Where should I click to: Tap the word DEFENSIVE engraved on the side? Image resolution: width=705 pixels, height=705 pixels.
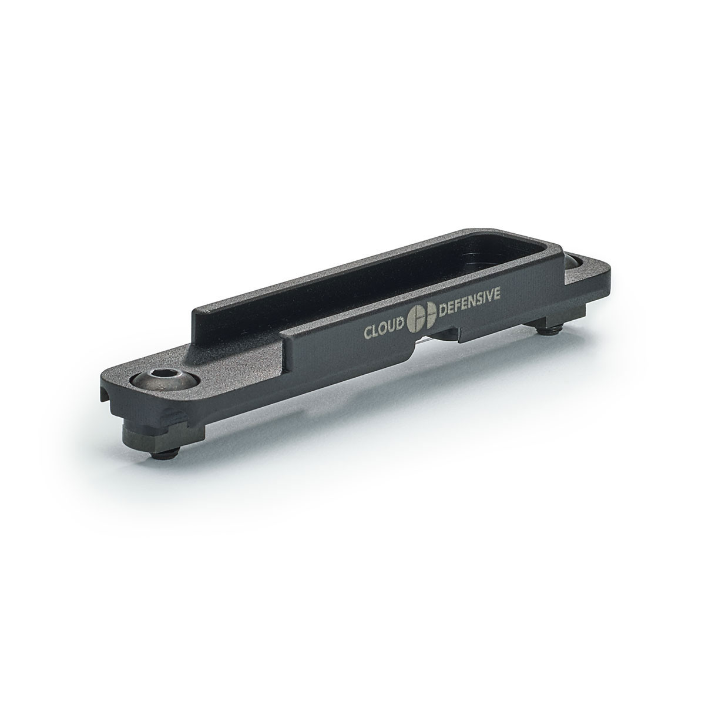click(x=470, y=300)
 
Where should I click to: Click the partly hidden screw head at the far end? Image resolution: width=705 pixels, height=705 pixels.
click(x=574, y=261)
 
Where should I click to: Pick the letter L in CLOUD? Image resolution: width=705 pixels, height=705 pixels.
click(x=378, y=330)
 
